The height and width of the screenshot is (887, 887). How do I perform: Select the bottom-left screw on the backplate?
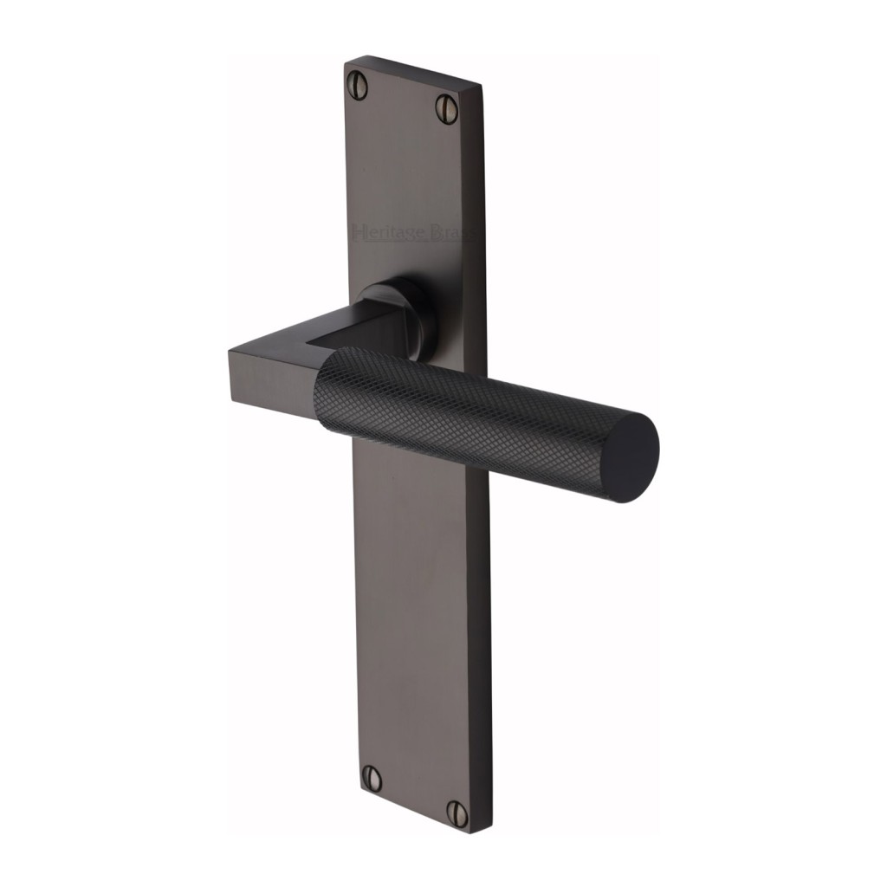(x=372, y=778)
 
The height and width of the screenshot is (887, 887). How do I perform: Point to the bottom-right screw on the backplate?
(x=456, y=812)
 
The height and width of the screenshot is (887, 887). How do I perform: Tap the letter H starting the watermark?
(x=359, y=231)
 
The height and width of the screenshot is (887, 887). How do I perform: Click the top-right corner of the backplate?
(x=481, y=85)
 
